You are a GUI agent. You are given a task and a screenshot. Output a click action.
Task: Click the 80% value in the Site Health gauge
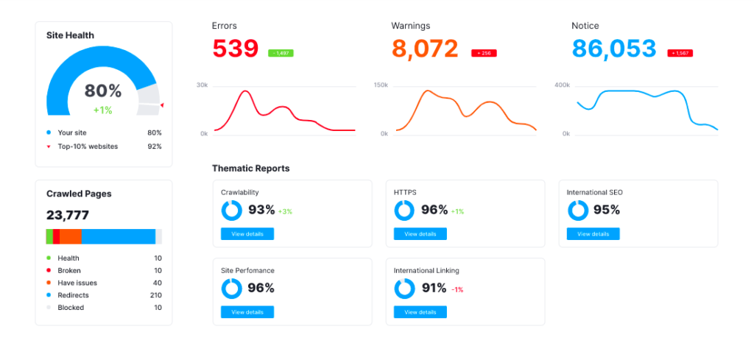click(x=102, y=91)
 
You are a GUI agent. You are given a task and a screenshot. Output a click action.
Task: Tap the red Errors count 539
click(x=235, y=49)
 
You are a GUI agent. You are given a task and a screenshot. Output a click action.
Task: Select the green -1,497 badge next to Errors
click(x=281, y=53)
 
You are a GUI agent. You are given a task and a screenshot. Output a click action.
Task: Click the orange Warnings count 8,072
click(x=424, y=49)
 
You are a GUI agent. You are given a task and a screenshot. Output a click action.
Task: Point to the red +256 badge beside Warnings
click(x=484, y=53)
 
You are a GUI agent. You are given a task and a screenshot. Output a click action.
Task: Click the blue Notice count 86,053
click(x=613, y=49)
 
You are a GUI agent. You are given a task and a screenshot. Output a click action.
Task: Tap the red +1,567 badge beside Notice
click(x=680, y=53)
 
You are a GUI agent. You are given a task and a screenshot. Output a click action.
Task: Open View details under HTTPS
click(x=420, y=234)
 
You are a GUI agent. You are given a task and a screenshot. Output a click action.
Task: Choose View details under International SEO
click(x=593, y=234)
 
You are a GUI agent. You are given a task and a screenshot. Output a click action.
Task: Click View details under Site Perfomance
click(x=247, y=312)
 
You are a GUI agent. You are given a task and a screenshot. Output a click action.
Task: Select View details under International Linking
click(x=420, y=312)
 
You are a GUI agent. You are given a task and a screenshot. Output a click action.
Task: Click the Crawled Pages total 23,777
click(x=68, y=215)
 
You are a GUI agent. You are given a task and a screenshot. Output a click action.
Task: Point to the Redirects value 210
click(x=155, y=295)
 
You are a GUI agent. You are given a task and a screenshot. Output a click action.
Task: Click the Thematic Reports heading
click(x=250, y=169)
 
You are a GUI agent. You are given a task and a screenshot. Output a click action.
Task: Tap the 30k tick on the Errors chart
click(x=202, y=85)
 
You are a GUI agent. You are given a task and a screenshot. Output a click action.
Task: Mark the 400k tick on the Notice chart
click(x=562, y=85)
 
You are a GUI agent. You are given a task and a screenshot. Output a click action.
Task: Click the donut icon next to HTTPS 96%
click(x=404, y=211)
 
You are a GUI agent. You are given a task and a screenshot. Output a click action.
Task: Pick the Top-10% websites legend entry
click(x=88, y=147)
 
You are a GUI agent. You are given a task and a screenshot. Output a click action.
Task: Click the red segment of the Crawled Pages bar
click(x=56, y=236)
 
